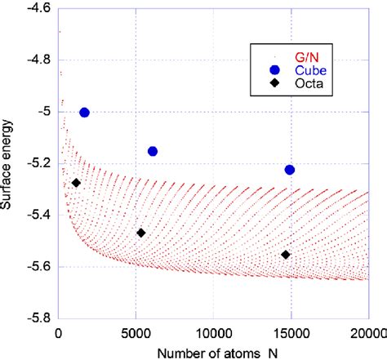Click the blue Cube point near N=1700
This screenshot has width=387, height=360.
[x=84, y=112]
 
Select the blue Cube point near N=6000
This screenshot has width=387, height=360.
[x=152, y=151]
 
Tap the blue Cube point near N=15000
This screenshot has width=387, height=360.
[x=289, y=170]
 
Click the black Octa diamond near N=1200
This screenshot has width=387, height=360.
[x=76, y=183]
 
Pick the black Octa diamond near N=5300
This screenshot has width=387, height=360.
[x=140, y=233]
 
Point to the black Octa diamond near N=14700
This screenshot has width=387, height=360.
[x=285, y=255]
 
